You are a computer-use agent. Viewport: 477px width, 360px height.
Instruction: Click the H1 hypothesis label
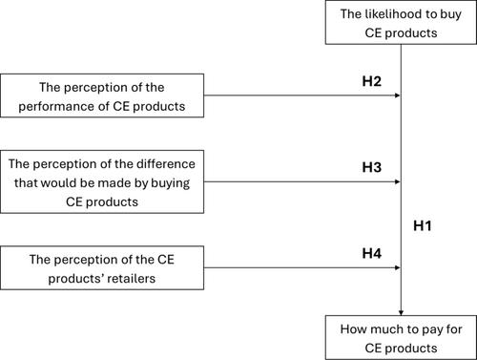[x=423, y=225]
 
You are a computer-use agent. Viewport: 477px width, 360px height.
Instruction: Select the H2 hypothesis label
[x=371, y=81]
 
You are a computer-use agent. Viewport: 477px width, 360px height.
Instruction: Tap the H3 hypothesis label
[x=371, y=167]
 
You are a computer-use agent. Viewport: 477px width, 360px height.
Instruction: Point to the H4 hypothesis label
[x=371, y=253]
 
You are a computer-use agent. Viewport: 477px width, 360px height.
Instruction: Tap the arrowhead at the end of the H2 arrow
[x=398, y=95]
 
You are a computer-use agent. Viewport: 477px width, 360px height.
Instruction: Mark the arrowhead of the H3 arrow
[x=398, y=181]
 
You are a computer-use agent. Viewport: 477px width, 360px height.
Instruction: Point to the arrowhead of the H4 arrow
[x=398, y=267]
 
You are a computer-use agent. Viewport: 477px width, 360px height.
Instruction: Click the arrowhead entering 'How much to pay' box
[x=401, y=312]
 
